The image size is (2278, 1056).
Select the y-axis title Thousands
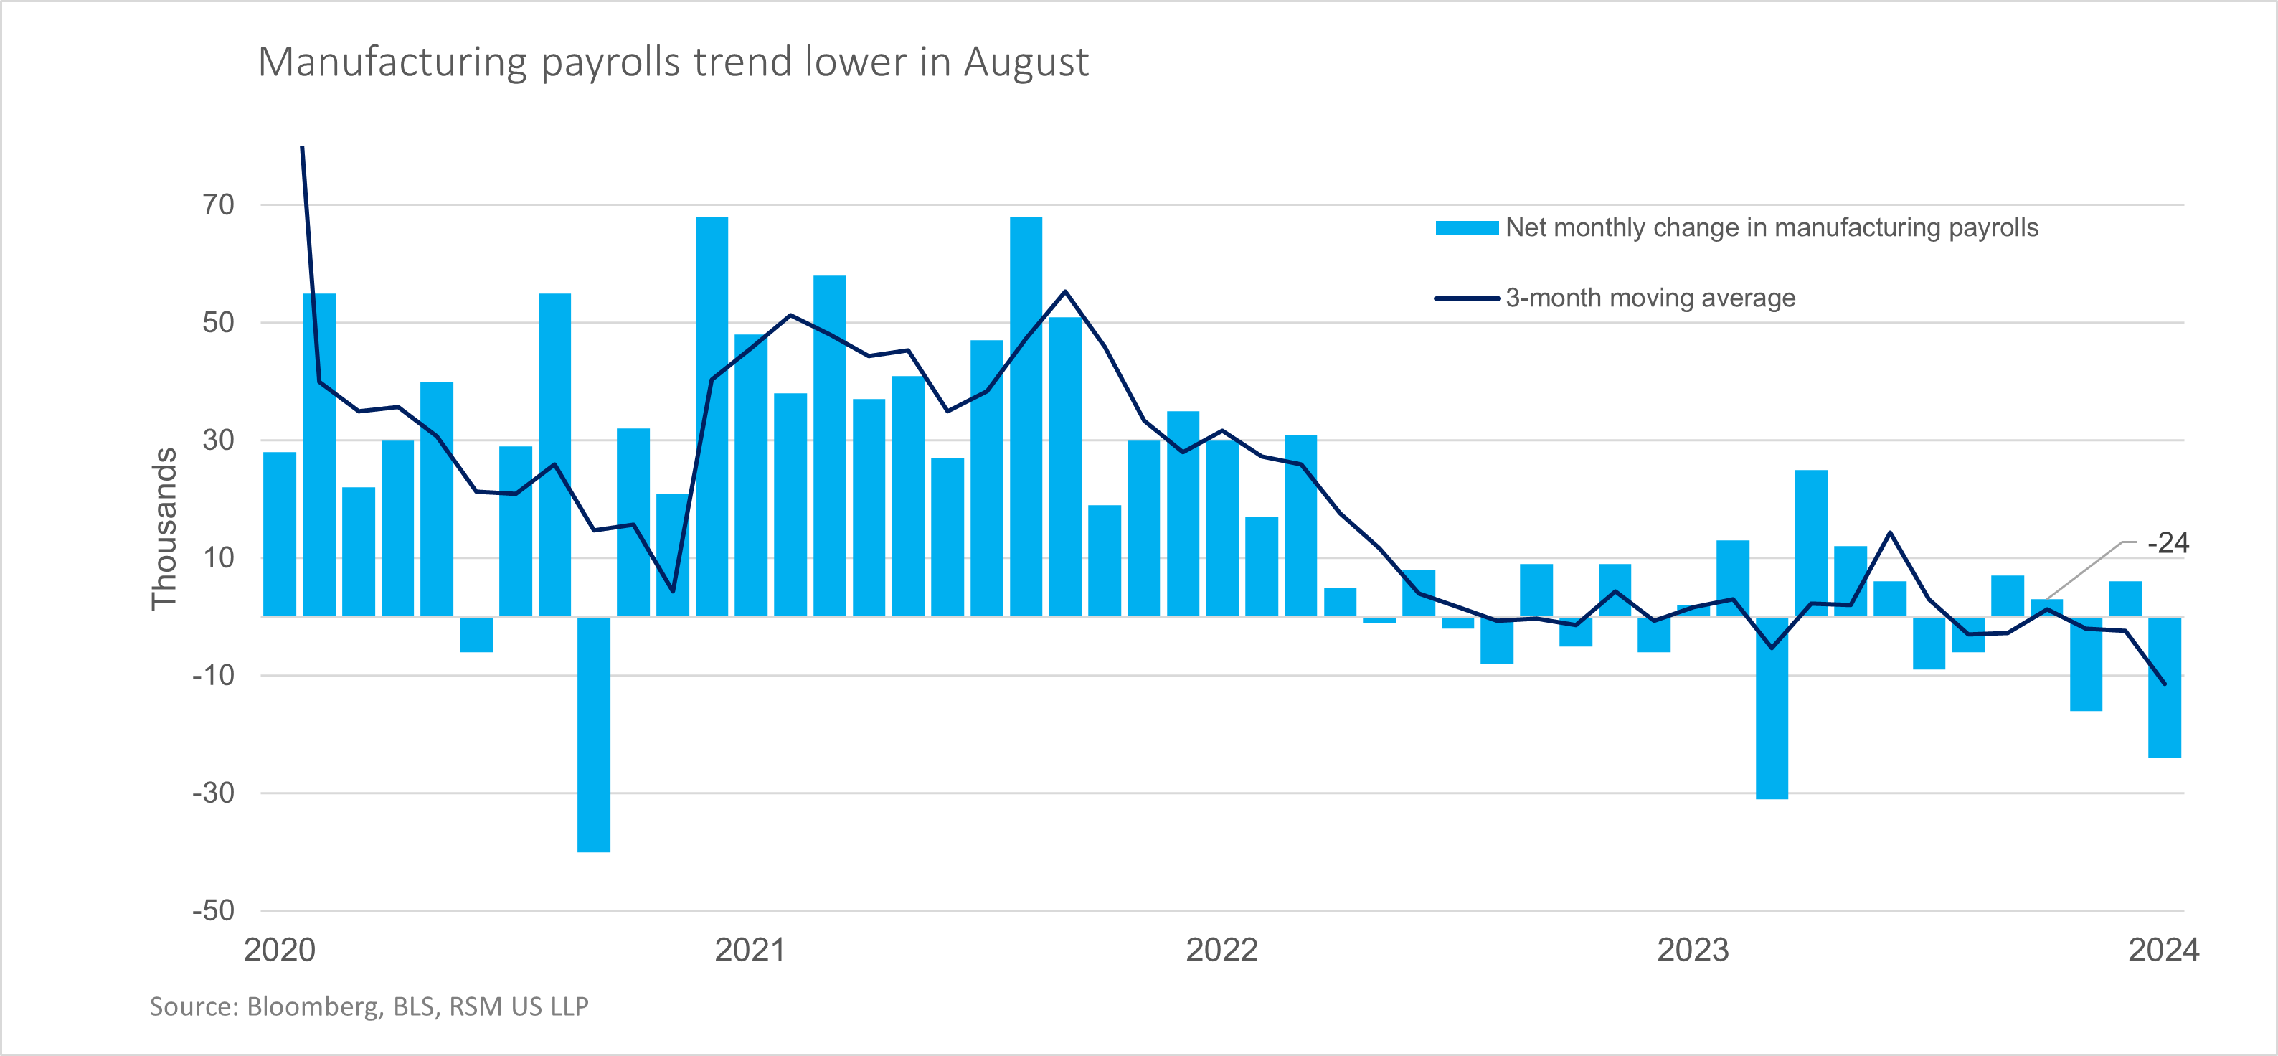tap(164, 529)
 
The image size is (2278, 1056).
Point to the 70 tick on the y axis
tap(219, 205)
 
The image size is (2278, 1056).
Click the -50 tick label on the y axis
tap(213, 910)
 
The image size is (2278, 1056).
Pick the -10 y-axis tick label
tap(213, 676)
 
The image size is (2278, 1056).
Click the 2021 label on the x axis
tap(750, 950)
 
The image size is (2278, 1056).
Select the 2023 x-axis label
tap(1692, 950)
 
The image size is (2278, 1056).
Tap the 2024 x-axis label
tap(2163, 950)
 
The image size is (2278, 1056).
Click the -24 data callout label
tap(2168, 543)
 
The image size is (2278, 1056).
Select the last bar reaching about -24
tap(2164, 687)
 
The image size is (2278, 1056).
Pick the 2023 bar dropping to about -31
tap(1772, 707)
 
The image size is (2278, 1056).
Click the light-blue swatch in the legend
tap(1466, 228)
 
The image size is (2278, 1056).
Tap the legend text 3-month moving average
tap(1650, 298)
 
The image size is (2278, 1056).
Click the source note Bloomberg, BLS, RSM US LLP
tap(369, 1006)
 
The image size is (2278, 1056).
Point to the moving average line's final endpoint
tap(2164, 684)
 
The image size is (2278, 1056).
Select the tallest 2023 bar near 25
tap(1810, 543)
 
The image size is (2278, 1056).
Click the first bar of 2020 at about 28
tap(280, 534)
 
